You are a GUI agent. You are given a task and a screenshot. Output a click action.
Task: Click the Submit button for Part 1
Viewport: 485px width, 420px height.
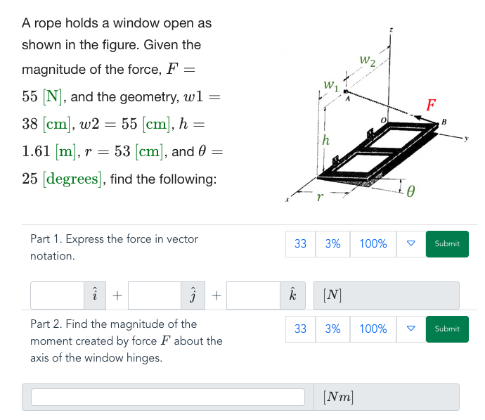(x=447, y=243)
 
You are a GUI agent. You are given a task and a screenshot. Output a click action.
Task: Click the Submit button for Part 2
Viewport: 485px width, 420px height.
(x=447, y=329)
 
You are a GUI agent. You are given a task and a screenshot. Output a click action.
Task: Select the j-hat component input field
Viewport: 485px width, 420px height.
(x=155, y=296)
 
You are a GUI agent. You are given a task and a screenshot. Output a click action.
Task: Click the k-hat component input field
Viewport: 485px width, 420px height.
(x=253, y=296)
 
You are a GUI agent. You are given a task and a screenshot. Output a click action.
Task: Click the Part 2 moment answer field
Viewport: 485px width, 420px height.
(x=167, y=397)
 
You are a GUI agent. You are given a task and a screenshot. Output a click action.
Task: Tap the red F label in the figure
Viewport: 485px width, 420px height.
(x=431, y=106)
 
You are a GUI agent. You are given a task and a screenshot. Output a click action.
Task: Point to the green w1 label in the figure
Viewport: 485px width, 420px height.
(x=331, y=86)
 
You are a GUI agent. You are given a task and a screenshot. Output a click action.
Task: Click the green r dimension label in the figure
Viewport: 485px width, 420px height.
(x=319, y=198)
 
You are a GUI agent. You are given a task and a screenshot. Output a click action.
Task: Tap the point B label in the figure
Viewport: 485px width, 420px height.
(x=444, y=122)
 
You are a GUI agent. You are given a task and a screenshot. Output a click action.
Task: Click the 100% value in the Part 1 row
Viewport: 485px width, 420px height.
(x=373, y=243)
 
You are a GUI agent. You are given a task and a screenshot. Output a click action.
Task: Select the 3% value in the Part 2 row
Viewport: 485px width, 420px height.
(x=332, y=329)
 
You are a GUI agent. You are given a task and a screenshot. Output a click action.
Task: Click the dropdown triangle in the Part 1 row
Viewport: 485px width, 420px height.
(x=411, y=243)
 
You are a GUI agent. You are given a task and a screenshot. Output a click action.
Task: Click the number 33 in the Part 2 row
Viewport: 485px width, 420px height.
(x=300, y=329)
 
